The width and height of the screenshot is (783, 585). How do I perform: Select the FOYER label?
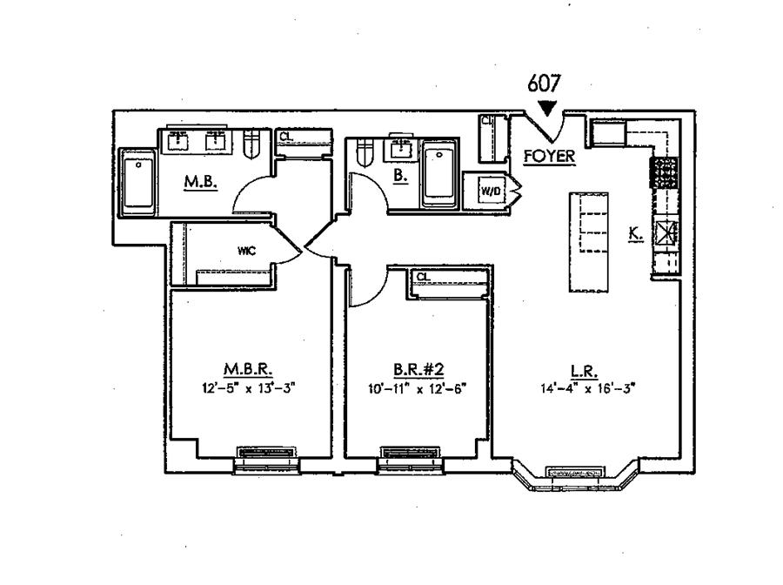545,158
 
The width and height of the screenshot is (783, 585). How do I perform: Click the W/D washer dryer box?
487,188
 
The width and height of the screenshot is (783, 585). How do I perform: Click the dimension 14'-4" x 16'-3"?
587,389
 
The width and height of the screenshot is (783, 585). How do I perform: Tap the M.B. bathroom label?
194,182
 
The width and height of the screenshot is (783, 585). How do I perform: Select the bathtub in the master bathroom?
137,184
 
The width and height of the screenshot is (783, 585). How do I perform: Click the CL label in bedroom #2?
423,278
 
